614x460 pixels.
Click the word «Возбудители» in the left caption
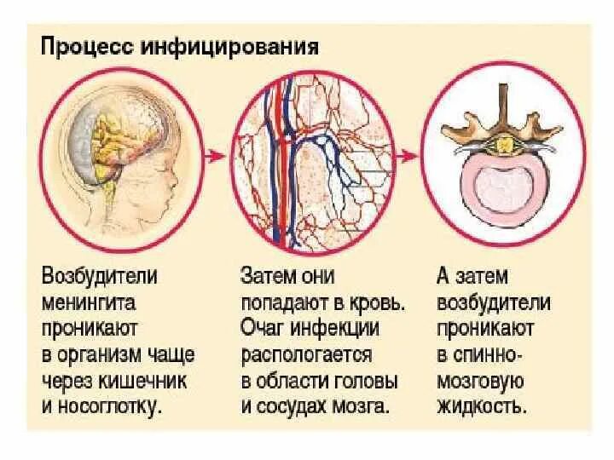point(101,279)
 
